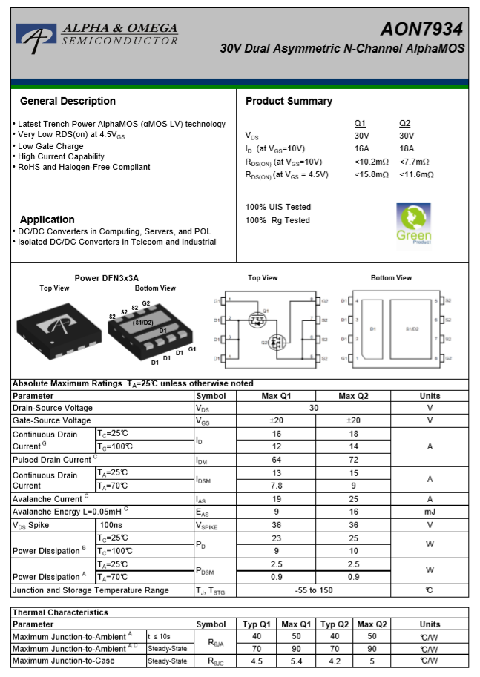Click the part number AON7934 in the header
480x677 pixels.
point(421,29)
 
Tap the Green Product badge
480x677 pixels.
point(414,224)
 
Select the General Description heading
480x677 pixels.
point(68,101)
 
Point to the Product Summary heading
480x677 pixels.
point(289,101)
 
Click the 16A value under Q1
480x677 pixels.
point(362,148)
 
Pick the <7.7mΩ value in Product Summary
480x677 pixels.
point(414,162)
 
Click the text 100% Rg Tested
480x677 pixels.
point(277,220)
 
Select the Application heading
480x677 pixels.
point(47,219)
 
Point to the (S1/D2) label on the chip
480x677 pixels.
point(142,323)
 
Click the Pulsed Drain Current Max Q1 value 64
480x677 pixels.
point(276,460)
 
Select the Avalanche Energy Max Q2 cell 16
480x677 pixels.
point(353,512)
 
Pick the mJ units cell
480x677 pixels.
point(429,512)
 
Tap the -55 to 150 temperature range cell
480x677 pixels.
point(315,590)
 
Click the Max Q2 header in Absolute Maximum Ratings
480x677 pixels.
point(353,395)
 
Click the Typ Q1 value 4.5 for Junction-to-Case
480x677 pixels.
point(257,661)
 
